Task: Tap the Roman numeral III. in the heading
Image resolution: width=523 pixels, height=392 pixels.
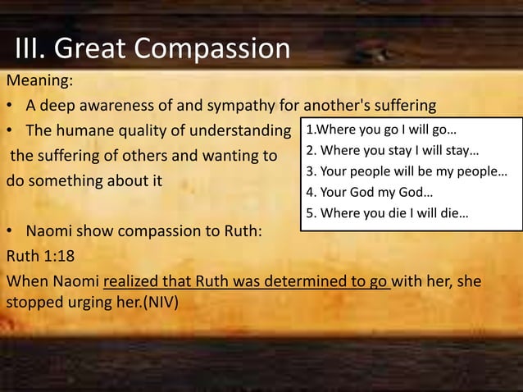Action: [x=30, y=49]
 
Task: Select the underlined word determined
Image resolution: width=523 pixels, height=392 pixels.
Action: [x=312, y=281]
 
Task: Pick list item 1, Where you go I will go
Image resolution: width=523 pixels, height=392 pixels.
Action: [x=381, y=130]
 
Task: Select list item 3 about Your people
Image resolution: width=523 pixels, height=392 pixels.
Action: [x=406, y=173]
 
